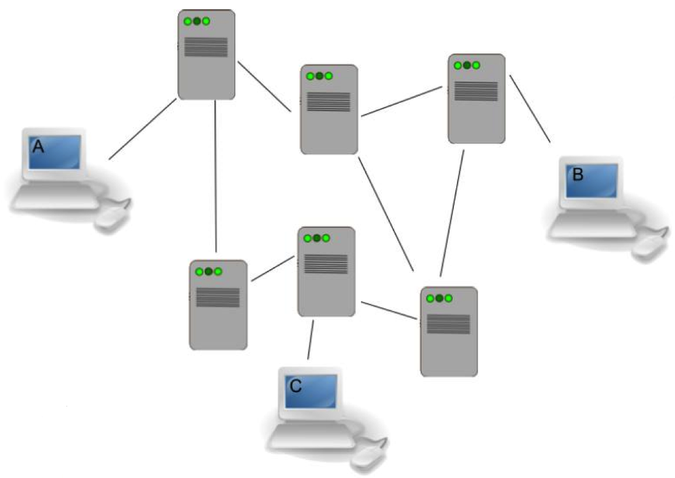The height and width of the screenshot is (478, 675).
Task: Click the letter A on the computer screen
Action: pyautogui.click(x=38, y=147)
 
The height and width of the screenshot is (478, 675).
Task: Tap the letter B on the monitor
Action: pyautogui.click(x=578, y=174)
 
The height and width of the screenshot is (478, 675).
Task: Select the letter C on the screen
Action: pyautogui.click(x=296, y=386)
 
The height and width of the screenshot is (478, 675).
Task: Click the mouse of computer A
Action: pyautogui.click(x=113, y=216)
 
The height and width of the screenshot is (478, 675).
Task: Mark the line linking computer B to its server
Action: pyautogui.click(x=530, y=109)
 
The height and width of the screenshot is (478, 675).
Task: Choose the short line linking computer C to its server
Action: pyautogui.click(x=310, y=339)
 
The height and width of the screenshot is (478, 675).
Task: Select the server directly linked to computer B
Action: pyautogui.click(x=477, y=99)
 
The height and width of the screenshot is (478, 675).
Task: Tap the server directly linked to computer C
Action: pyautogui.click(x=326, y=271)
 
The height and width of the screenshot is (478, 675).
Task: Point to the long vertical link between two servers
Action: pyautogui.click(x=216, y=176)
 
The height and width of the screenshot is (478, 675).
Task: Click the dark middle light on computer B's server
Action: pyautogui.click(x=467, y=65)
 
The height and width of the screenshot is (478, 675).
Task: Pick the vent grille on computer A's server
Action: pyautogui.click(x=206, y=47)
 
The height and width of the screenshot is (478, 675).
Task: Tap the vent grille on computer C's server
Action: pyautogui.click(x=326, y=264)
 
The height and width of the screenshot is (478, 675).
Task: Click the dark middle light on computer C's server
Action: pyautogui.click(x=317, y=238)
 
